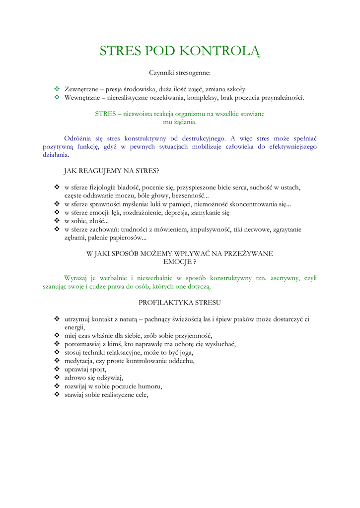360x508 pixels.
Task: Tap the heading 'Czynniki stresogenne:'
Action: (x=180, y=73)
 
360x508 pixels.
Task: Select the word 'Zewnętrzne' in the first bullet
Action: (x=80, y=89)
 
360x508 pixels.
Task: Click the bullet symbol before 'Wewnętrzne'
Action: (x=57, y=98)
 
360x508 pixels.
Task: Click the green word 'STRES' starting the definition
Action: (x=105, y=114)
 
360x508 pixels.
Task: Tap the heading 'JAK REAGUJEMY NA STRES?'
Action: (x=112, y=171)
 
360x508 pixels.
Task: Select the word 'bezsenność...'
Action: (x=190, y=195)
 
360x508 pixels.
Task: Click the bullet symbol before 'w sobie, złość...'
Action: (x=57, y=221)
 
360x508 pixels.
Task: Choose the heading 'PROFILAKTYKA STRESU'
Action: (x=180, y=302)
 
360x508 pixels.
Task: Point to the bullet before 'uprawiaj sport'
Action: (x=57, y=369)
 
